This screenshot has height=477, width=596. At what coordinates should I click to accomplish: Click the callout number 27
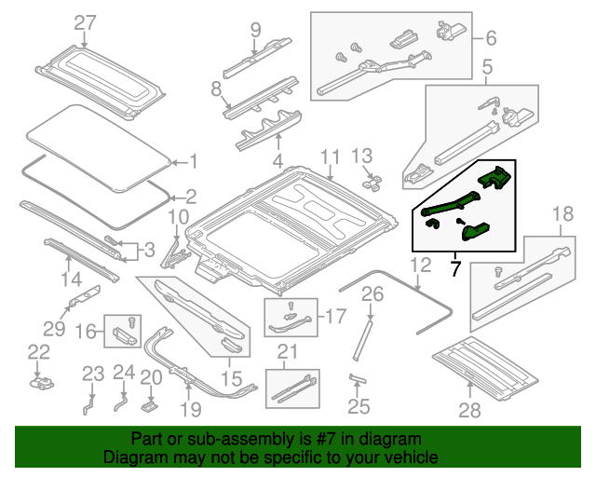pyautogui.click(x=85, y=22)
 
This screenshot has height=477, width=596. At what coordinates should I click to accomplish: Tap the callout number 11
pyautogui.click(x=332, y=157)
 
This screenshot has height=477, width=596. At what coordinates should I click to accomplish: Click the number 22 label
pyautogui.click(x=38, y=351)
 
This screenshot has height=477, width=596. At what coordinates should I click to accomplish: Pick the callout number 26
pyautogui.click(x=372, y=296)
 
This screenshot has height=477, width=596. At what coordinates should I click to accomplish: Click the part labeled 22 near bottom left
pyautogui.click(x=40, y=380)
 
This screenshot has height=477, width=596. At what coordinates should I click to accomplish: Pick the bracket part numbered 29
pyautogui.click(x=86, y=297)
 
